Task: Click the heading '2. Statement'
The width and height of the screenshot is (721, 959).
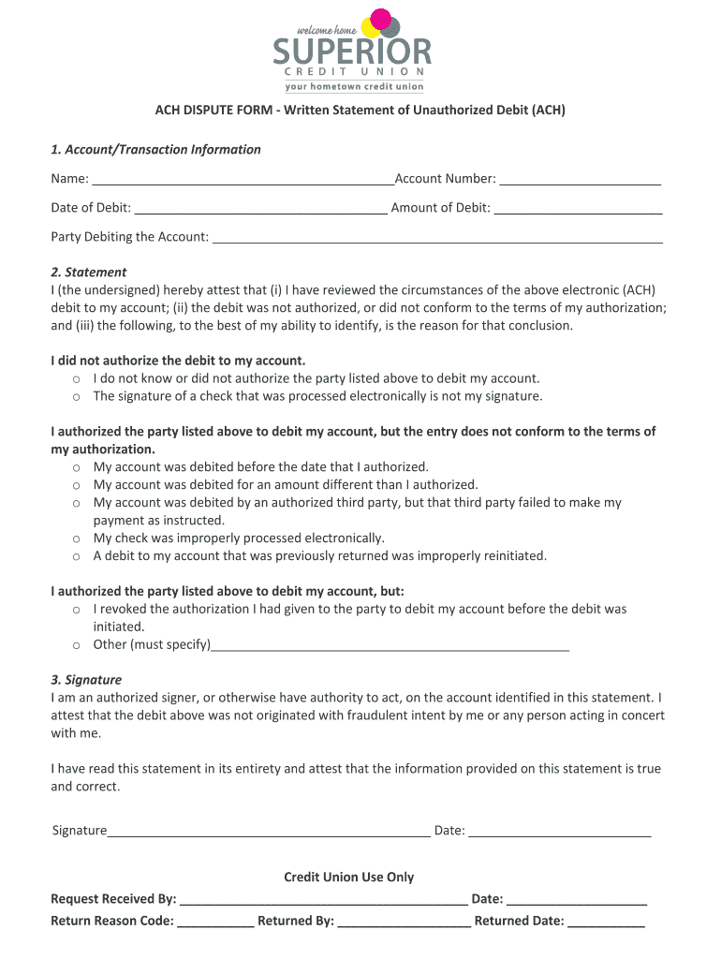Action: coord(88,273)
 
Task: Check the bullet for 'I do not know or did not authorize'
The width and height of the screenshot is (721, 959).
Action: coord(76,379)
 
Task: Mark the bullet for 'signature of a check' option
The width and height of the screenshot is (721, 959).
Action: coord(76,397)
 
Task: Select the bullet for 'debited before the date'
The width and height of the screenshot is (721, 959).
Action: coord(76,467)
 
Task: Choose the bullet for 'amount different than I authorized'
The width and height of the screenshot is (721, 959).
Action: coord(76,485)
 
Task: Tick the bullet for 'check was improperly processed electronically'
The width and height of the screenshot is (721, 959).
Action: coord(76,539)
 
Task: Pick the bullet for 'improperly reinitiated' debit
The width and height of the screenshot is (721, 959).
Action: coord(76,556)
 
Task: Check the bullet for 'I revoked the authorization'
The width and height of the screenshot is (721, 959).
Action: coord(76,610)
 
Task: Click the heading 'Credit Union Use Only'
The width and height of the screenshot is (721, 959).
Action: coord(348,878)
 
